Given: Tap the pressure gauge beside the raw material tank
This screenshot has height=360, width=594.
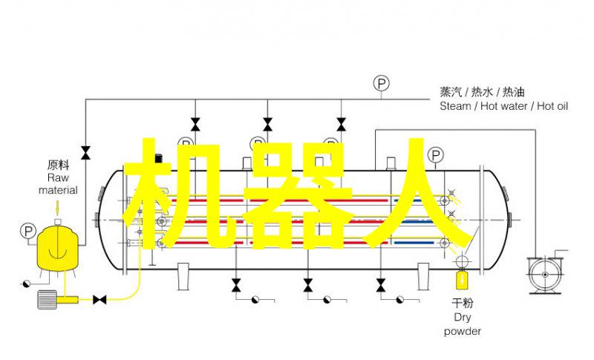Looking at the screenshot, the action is tap(27, 231).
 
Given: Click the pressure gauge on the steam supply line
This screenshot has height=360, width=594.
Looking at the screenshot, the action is tap(382, 83).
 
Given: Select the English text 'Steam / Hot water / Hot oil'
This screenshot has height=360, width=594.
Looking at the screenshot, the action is tap(503, 106).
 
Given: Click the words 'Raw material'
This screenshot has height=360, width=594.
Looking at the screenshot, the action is tap(58, 183).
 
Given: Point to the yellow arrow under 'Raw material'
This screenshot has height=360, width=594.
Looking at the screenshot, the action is tap(58, 207).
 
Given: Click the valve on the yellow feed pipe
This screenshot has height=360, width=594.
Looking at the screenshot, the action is tap(99, 300).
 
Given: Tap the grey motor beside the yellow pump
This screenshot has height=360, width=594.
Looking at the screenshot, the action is tap(47, 299).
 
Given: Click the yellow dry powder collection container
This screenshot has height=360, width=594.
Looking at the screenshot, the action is tap(461, 279).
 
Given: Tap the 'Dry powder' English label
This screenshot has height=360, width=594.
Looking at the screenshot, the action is tap(462, 324).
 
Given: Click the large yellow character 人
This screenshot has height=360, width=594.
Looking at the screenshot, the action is tap(417, 193).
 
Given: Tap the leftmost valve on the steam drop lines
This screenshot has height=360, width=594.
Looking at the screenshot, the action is tap(195, 124).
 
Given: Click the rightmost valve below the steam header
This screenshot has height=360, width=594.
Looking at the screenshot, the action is tap(341, 124).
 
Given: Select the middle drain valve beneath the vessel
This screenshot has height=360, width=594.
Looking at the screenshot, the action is tap(308, 285).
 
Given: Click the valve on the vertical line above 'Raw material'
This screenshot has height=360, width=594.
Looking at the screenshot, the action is tap(85, 153).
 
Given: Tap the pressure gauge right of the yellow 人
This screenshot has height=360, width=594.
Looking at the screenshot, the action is tap(436, 155).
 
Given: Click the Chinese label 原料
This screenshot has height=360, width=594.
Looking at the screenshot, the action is tap(59, 165).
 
